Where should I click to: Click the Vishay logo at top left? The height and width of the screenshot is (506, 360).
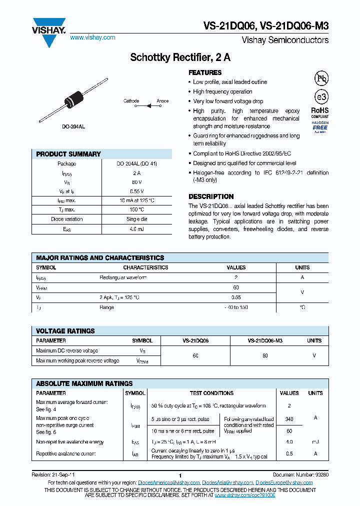click(48, 31)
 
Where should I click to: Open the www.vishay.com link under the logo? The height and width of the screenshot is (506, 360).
click(92, 37)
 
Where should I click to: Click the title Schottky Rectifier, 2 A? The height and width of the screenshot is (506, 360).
click(180, 57)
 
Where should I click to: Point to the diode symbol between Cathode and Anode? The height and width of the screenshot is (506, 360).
click(148, 105)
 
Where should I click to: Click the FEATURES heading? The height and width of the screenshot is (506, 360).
click(205, 72)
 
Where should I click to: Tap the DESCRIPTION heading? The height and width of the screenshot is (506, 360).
click(211, 196)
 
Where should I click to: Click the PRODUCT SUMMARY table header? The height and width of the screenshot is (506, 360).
click(68, 154)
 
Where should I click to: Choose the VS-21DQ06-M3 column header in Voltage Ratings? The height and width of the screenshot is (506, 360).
click(265, 340)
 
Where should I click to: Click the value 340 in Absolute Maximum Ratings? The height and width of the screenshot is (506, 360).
click(289, 419)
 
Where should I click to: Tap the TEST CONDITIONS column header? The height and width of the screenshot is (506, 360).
click(211, 393)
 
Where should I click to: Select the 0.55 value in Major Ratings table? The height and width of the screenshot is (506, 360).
click(236, 297)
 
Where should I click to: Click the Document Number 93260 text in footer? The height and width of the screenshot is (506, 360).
click(300, 474)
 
